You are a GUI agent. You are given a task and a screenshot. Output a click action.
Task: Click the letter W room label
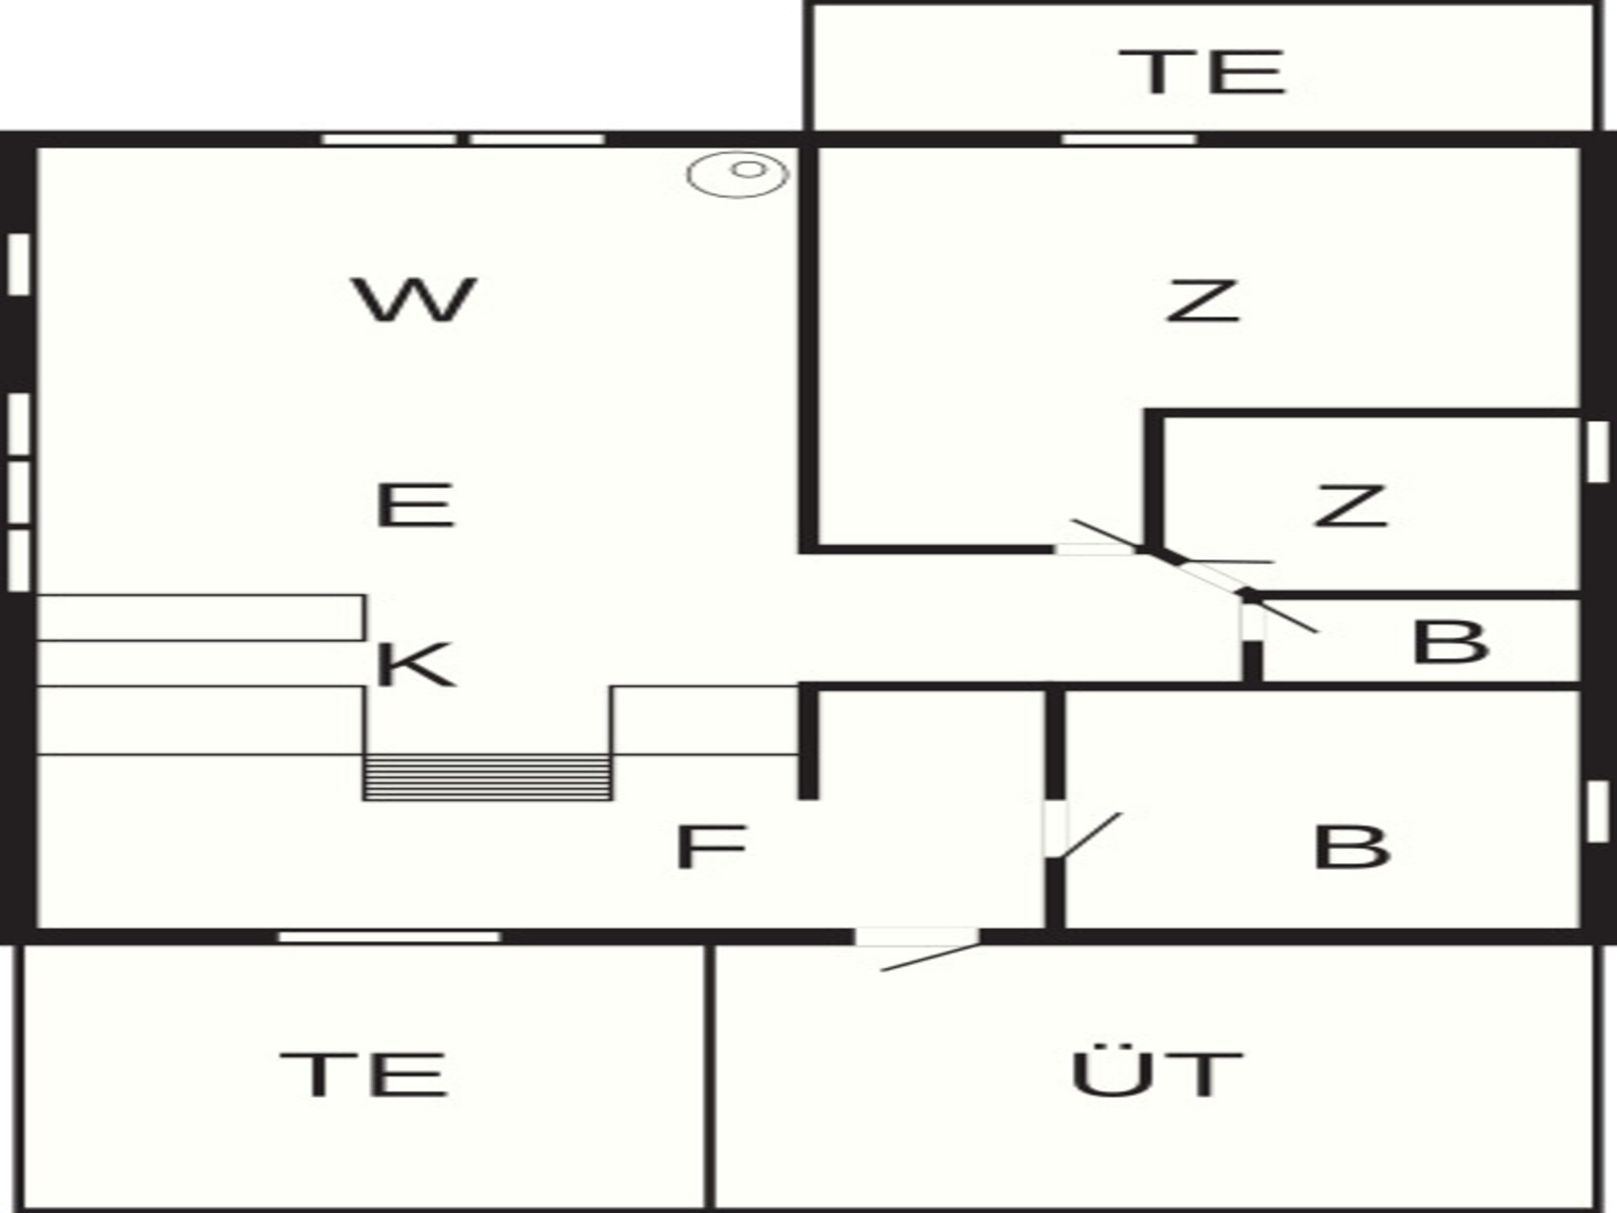click(414, 299)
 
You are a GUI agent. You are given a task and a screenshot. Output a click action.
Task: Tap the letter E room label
click(414, 505)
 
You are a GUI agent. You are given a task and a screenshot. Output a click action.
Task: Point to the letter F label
click(712, 846)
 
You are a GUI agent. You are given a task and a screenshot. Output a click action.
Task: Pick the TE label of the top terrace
click(1202, 71)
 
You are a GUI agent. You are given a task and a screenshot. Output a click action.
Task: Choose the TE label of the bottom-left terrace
click(363, 1074)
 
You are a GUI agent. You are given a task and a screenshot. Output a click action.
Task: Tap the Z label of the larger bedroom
click(1203, 301)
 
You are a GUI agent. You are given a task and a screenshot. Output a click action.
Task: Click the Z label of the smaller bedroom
click(1351, 505)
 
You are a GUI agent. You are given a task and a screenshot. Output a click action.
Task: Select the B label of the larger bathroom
click(1352, 846)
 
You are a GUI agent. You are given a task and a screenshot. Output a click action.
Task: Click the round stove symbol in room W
click(738, 174)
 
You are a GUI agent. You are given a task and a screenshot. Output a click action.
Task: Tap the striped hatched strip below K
click(488, 777)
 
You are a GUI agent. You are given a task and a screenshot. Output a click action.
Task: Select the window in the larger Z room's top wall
click(1129, 139)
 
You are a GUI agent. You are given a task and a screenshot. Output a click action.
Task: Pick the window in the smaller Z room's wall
click(1597, 452)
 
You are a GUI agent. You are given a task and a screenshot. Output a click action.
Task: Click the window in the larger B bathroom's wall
click(1597, 811)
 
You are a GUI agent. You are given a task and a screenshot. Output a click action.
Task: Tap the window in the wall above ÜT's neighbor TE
click(389, 937)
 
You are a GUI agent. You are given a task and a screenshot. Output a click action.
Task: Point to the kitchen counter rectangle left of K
click(200, 617)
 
